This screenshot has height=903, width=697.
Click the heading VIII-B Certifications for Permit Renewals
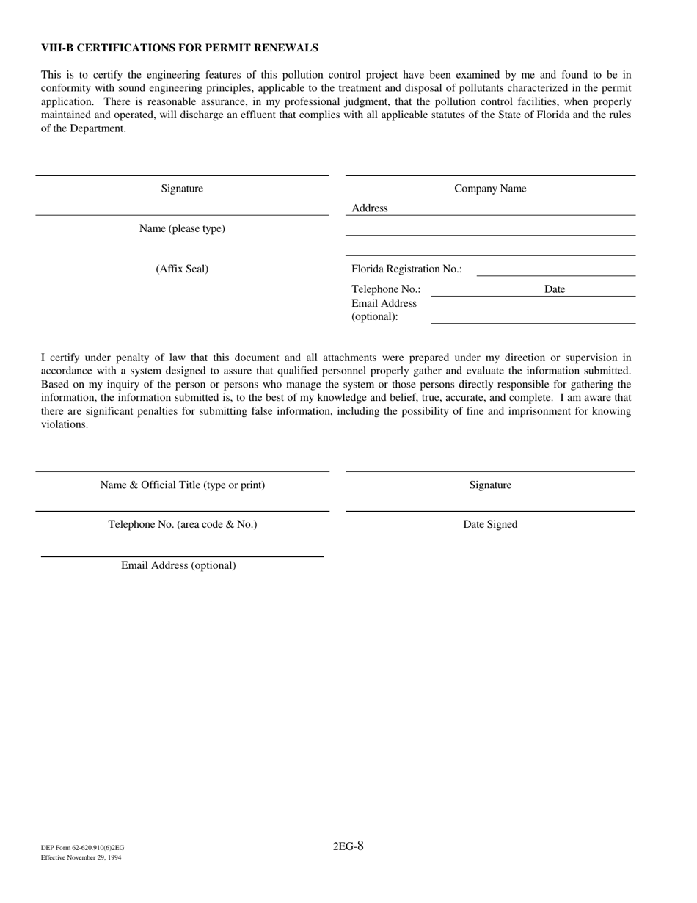[180, 48]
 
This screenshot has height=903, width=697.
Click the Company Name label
[490, 189]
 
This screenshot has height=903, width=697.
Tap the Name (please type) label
[182, 229]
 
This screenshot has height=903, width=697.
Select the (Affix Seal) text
[182, 269]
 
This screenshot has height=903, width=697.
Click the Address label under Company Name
[369, 208]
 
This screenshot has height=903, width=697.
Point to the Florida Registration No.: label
[406, 269]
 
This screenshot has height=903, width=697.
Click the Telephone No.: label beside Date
[386, 289]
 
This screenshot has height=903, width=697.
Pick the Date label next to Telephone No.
[555, 289]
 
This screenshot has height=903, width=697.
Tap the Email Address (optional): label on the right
[384, 310]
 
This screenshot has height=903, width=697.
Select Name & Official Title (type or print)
[183, 485]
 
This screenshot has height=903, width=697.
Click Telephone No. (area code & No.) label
[183, 525]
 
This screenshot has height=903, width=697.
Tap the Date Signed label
[490, 525]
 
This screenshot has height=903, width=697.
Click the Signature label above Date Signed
[490, 485]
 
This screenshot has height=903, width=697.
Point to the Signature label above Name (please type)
[182, 189]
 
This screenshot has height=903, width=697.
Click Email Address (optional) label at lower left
[178, 566]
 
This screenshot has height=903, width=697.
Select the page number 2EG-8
[348, 846]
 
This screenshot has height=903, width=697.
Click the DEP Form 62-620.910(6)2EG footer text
[82, 848]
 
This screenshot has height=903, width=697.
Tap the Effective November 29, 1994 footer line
[81, 857]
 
